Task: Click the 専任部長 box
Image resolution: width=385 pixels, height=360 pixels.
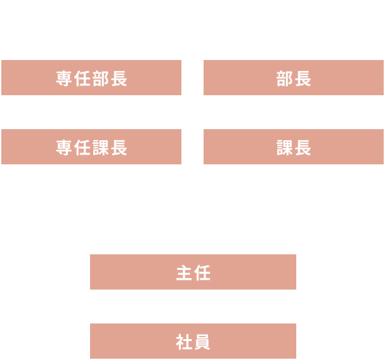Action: [91, 78]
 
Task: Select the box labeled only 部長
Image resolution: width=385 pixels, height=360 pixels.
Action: [294, 78]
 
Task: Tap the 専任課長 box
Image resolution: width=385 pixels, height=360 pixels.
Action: [91, 147]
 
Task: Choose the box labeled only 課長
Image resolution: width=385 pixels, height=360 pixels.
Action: [294, 147]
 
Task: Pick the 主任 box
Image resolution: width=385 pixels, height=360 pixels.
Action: [193, 272]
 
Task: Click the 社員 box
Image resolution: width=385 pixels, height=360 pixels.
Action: [193, 341]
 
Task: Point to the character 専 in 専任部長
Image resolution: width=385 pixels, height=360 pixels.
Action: [64, 78]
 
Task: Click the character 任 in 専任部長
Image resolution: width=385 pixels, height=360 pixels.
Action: [82, 78]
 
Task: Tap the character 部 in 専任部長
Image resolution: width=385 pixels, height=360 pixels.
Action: [100, 78]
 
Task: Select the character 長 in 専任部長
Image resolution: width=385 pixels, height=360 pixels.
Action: [119, 78]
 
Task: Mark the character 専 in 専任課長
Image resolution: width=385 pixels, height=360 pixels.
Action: [64, 148]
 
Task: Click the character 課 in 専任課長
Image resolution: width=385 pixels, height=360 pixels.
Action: [100, 148]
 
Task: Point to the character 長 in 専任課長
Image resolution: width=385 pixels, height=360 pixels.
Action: [119, 148]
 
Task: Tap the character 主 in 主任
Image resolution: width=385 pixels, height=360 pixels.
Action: [184, 273]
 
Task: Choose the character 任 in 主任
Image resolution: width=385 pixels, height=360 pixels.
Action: [202, 273]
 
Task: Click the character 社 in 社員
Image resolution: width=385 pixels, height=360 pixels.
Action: [184, 342]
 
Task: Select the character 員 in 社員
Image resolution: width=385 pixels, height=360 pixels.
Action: [202, 342]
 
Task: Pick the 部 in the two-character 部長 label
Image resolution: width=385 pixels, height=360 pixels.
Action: [285, 78]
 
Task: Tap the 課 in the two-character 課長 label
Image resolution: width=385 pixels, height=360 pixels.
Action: [285, 148]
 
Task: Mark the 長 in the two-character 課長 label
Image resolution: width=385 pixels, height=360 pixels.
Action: [303, 148]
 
